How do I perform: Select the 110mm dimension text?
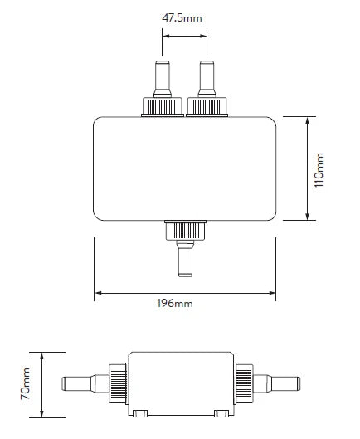pyautogui.click(x=322, y=169)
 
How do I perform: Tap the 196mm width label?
pyautogui.click(x=174, y=304)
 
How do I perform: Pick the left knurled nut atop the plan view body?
pyautogui.click(x=163, y=106)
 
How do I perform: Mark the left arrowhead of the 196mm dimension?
pyautogui.click(x=99, y=292)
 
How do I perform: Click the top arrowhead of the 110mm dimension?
pyautogui.click(x=309, y=120)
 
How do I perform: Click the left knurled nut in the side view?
pyautogui.click(x=116, y=383)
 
